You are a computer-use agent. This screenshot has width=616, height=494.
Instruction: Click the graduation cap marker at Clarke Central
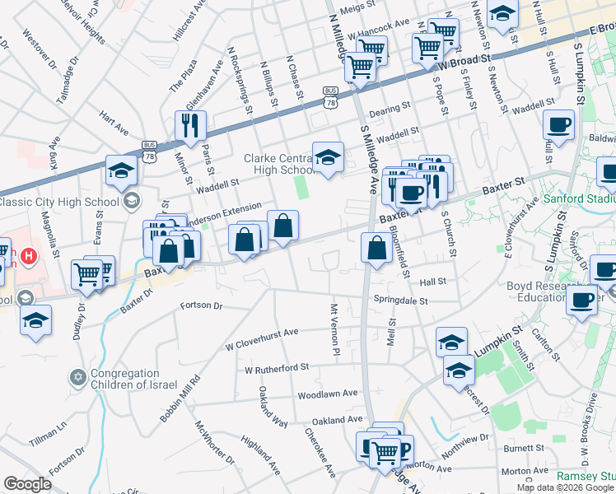(x=327, y=156)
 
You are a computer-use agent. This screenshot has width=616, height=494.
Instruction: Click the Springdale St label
(x=401, y=301)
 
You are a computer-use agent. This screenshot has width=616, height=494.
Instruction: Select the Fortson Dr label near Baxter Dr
(x=201, y=305)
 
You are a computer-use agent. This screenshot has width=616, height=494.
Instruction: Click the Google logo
(x=27, y=484)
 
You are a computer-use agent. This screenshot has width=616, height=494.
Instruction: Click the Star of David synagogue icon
(x=78, y=377)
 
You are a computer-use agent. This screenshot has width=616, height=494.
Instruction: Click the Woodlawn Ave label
(x=327, y=394)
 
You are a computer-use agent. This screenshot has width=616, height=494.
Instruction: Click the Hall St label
(x=432, y=281)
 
